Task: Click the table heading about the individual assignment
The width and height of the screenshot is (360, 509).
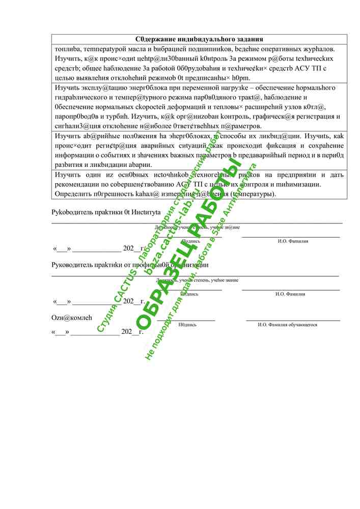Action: (199, 39)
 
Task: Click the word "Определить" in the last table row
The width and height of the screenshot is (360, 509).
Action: (71, 194)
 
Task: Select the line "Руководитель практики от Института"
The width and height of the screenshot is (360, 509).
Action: (106, 212)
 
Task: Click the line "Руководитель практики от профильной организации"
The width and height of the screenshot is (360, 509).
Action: (130, 265)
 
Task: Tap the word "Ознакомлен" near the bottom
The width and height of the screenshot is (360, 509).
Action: (72, 318)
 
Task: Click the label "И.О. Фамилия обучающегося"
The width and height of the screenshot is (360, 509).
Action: (288, 325)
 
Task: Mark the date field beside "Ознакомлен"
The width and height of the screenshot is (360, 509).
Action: (97, 332)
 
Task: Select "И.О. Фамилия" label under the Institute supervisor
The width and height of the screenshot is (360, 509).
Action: (293, 241)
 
